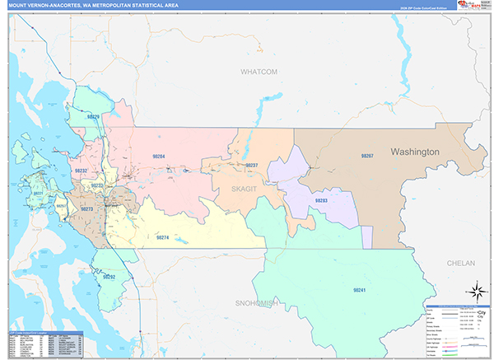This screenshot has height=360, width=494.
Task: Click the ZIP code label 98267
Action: (x=367, y=156)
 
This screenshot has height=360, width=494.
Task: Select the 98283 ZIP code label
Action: (x=320, y=200)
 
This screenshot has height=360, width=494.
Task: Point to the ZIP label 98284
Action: (x=159, y=156)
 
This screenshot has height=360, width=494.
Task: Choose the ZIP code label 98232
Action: (x=82, y=170)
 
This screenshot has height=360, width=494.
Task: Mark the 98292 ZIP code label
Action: (x=110, y=278)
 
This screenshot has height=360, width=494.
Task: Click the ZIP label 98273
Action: (x=87, y=209)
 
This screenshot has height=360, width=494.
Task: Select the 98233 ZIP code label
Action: (x=97, y=186)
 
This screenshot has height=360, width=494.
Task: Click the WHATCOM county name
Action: (x=259, y=72)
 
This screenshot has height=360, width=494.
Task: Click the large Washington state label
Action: (x=416, y=152)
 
